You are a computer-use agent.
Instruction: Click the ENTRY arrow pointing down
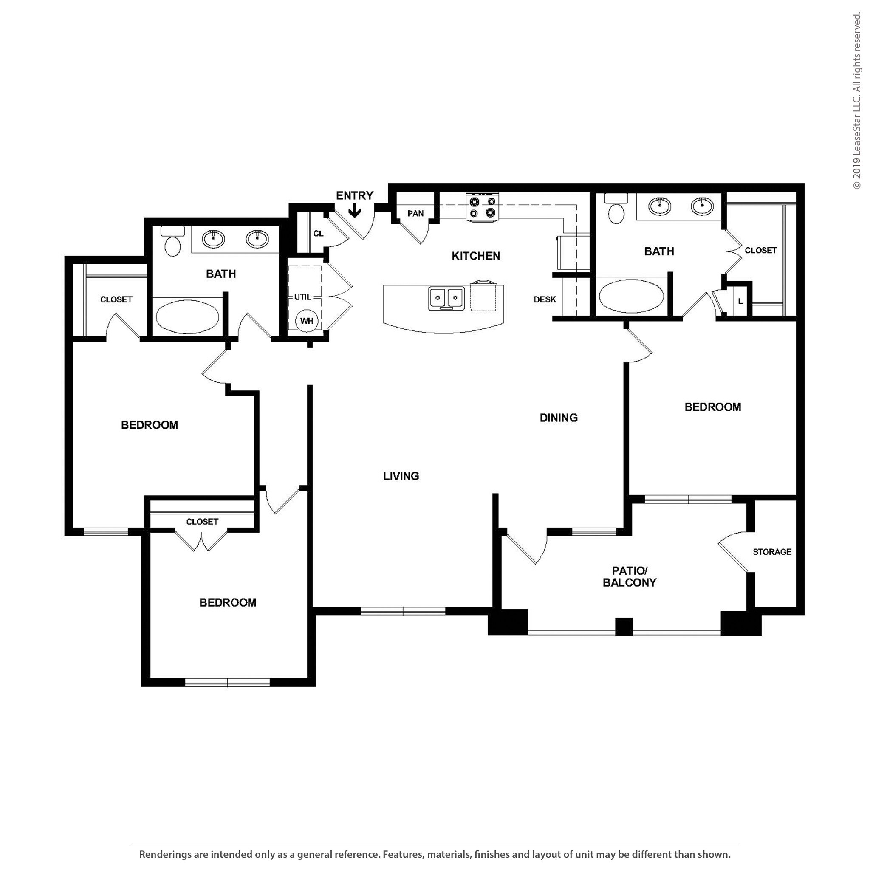pyautogui.click(x=355, y=211)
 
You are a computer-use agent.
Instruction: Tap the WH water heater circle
pyautogui.click(x=307, y=321)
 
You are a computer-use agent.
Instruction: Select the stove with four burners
pyautogui.click(x=482, y=207)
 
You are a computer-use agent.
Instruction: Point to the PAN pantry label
pyautogui.click(x=415, y=213)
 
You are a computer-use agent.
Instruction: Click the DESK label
pyautogui.click(x=545, y=299)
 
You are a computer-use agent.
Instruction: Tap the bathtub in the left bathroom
pyautogui.click(x=187, y=316)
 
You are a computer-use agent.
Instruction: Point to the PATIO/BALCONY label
pyautogui.click(x=630, y=577)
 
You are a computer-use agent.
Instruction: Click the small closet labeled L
pyautogui.click(x=740, y=301)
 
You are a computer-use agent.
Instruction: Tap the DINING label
pyautogui.click(x=558, y=418)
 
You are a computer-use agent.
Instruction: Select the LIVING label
pyautogui.click(x=401, y=476)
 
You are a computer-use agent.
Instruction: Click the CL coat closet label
pyautogui.click(x=318, y=233)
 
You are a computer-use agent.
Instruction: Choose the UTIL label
pyautogui.click(x=302, y=297)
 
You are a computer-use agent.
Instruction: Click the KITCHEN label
pyautogui.click(x=475, y=256)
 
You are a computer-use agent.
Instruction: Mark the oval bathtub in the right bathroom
pyautogui.click(x=631, y=296)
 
